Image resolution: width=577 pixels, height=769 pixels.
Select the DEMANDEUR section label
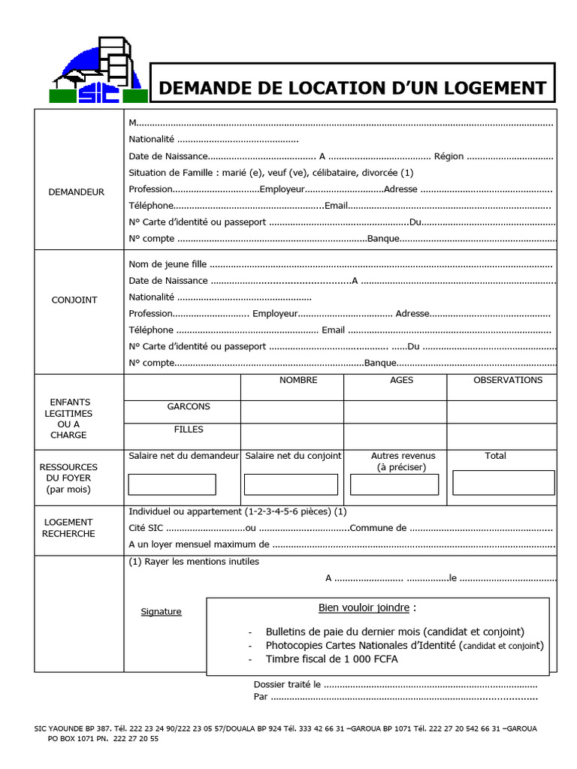point(77,192)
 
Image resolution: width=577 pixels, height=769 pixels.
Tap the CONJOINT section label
point(74,300)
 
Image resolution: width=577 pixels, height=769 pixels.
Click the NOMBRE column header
point(298,380)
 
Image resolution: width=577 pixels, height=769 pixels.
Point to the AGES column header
point(402,380)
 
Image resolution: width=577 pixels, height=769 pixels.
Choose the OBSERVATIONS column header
point(508,380)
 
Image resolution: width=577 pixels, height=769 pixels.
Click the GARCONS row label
point(189,406)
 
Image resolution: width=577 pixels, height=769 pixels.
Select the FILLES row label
point(189,430)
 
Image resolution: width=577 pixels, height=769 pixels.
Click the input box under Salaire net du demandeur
point(172,484)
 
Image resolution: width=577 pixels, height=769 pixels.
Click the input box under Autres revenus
point(394,484)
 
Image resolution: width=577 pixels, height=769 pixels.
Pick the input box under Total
point(503,482)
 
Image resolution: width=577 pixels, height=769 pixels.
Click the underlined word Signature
point(162,611)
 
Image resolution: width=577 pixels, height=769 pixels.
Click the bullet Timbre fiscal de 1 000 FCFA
point(332,659)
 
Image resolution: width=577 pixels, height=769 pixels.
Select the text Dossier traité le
point(288,684)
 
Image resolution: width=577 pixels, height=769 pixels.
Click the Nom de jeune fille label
point(168,264)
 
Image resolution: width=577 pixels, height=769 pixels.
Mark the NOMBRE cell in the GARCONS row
point(292,412)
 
